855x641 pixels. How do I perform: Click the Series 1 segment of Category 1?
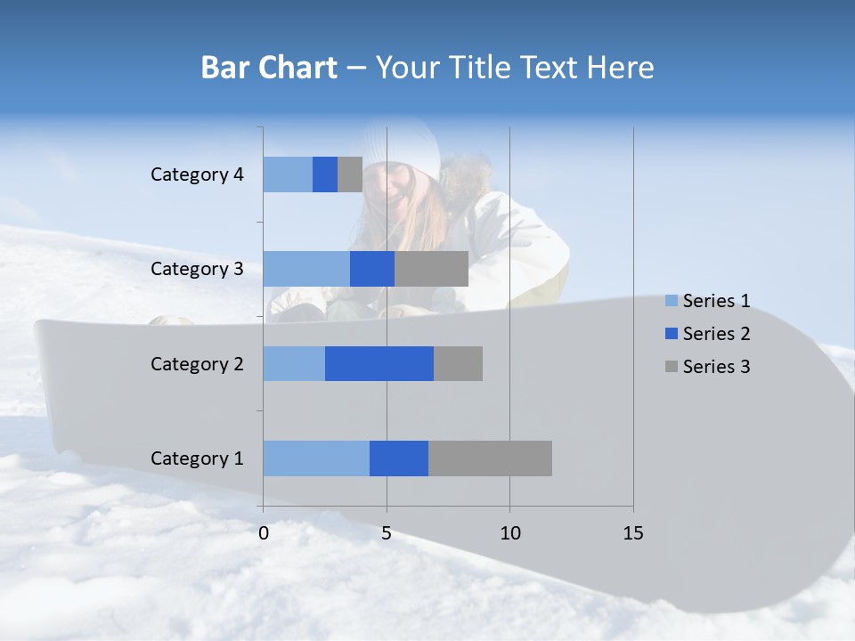pyautogui.click(x=316, y=458)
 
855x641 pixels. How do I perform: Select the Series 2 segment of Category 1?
pyautogui.click(x=399, y=458)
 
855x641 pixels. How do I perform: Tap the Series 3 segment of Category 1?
pyautogui.click(x=490, y=458)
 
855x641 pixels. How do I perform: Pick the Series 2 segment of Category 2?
pyautogui.click(x=379, y=363)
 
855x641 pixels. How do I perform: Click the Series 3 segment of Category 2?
pyautogui.click(x=458, y=363)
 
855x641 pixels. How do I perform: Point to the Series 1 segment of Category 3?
pyautogui.click(x=306, y=269)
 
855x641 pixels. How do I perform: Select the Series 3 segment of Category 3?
pyautogui.click(x=431, y=269)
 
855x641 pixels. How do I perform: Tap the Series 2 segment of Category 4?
pyautogui.click(x=325, y=174)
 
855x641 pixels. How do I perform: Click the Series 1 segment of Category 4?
pyautogui.click(x=288, y=174)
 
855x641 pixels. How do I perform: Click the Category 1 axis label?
pyautogui.click(x=197, y=458)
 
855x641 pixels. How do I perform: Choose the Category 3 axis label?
pyautogui.click(x=197, y=269)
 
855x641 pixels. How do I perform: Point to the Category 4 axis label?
pyautogui.click(x=197, y=174)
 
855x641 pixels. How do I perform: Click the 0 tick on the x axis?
pyautogui.click(x=264, y=533)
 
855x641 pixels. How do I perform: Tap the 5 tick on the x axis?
pyautogui.click(x=387, y=533)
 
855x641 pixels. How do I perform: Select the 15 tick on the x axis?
pyautogui.click(x=633, y=533)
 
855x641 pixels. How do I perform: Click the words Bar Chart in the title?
pyautogui.click(x=269, y=67)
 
